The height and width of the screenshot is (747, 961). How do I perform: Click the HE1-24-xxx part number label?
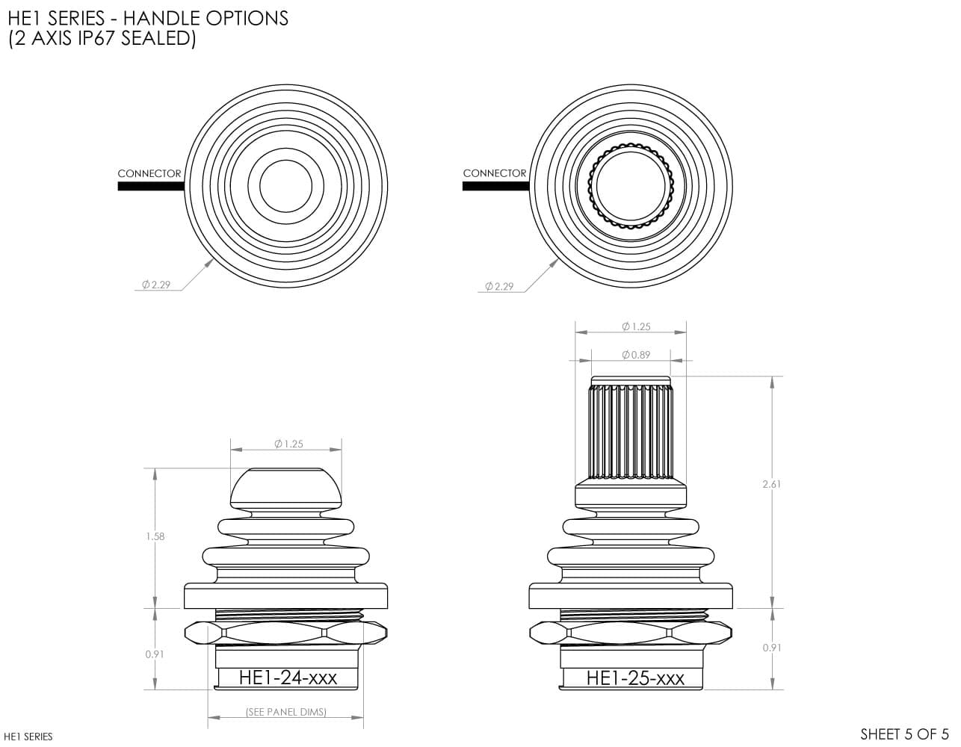[x=288, y=678]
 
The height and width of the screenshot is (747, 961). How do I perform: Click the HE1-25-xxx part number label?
[x=635, y=678]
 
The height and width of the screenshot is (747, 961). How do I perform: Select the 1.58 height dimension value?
[x=155, y=536]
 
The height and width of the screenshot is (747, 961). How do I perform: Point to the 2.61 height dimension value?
[x=772, y=484]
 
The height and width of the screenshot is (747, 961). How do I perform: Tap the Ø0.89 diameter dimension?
[x=636, y=355]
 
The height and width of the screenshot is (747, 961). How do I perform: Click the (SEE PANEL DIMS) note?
[x=286, y=712]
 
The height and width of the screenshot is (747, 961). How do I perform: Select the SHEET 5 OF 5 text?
[x=904, y=734]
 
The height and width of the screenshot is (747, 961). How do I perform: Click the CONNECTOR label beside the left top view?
[x=149, y=173]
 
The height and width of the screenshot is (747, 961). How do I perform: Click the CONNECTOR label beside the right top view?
[x=495, y=173]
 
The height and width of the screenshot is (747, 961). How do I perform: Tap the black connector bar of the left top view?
[x=151, y=187]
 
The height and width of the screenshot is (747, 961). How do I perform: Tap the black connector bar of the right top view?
[x=496, y=187]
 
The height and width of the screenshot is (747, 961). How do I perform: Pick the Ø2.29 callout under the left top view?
[x=156, y=285]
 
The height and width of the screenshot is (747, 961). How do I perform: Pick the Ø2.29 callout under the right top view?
[x=499, y=286]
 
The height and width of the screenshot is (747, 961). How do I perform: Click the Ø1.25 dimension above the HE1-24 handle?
[x=288, y=444]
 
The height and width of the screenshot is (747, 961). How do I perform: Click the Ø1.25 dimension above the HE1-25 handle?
[x=636, y=326]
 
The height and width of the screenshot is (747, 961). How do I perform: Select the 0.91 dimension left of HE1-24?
[x=155, y=654]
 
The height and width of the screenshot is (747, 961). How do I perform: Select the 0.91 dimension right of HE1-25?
[x=772, y=648]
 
